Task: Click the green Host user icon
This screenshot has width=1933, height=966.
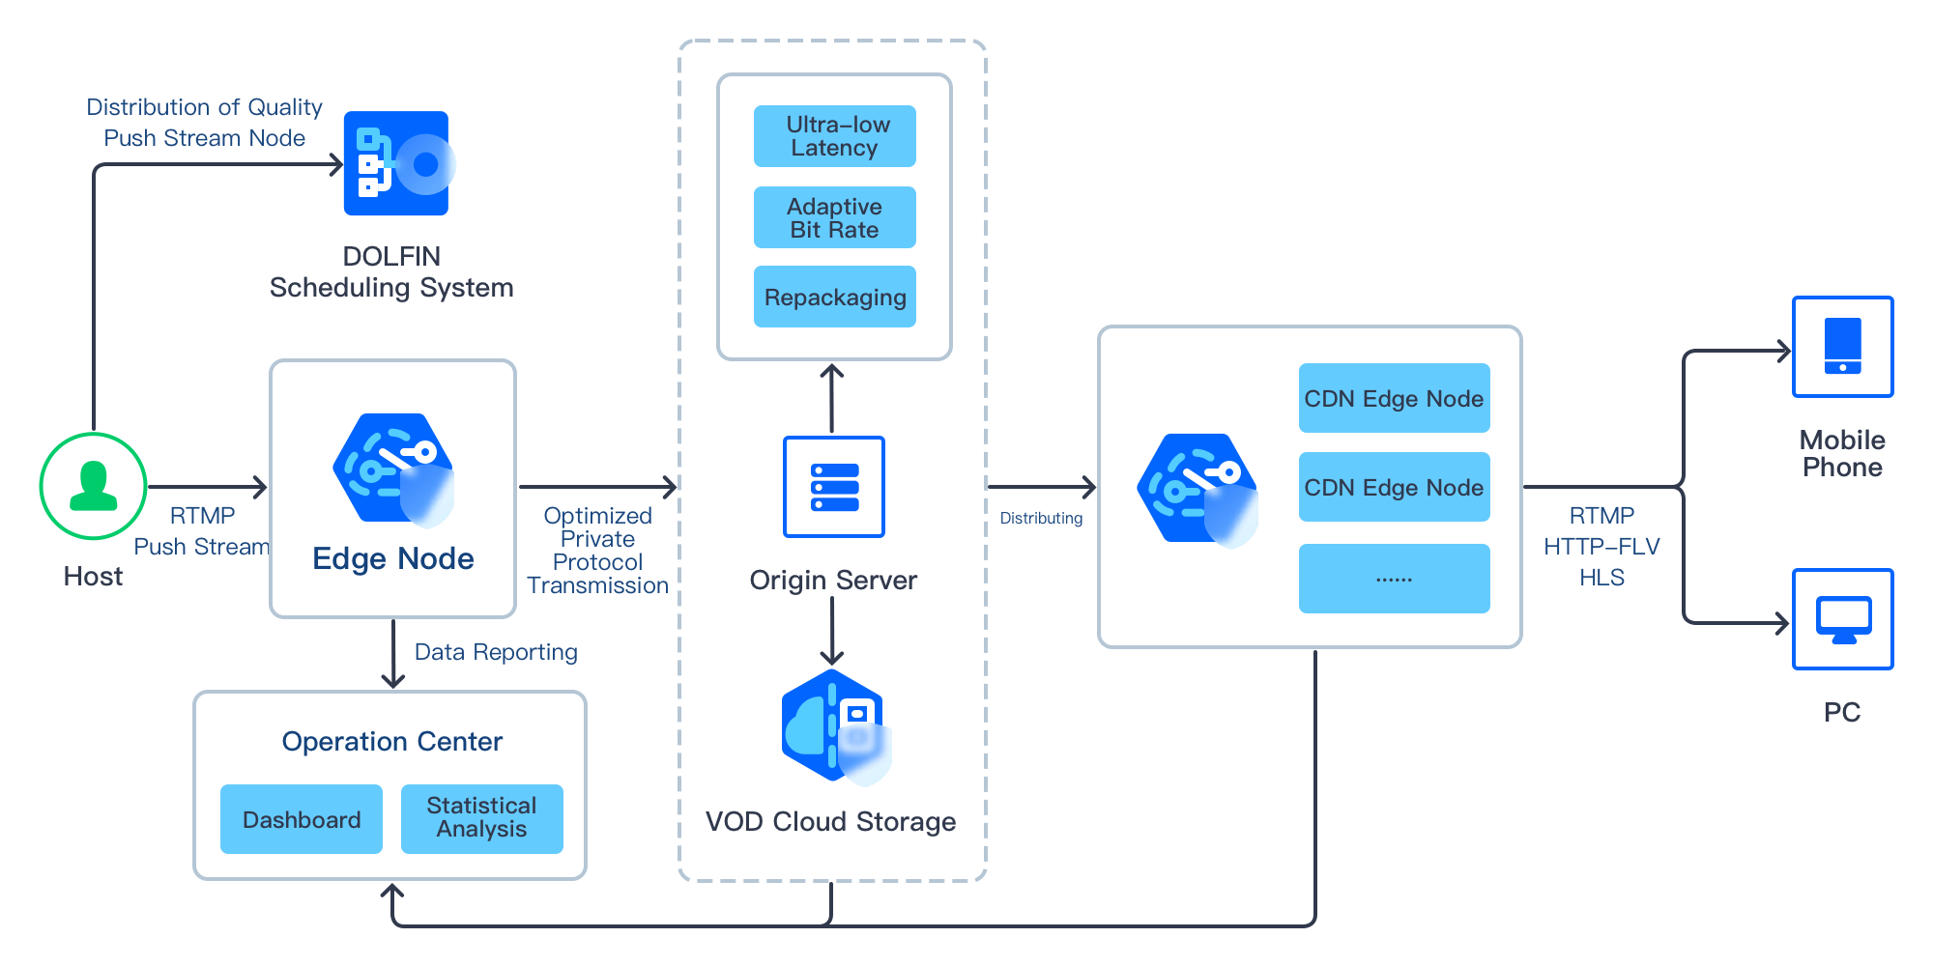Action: tap(93, 486)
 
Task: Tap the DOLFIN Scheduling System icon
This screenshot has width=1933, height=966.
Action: tap(397, 163)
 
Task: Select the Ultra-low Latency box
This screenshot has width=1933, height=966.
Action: tap(834, 136)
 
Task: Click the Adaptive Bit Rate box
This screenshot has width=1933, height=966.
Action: tap(834, 217)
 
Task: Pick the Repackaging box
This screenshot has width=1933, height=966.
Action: tap(834, 297)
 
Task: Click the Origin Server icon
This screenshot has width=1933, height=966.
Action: tap(833, 487)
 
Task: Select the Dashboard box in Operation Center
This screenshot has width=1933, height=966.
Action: tap(302, 819)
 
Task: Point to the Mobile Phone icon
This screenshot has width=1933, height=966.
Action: tap(1842, 347)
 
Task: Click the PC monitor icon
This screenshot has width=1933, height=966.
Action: tap(1842, 619)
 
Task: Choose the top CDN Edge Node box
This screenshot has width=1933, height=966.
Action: tap(1394, 398)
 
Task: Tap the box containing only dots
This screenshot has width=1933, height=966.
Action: tap(1394, 579)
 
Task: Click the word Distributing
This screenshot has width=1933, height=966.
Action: tap(1041, 519)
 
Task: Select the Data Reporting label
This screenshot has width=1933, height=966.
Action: tap(496, 653)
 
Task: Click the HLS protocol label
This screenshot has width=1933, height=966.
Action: tap(1601, 578)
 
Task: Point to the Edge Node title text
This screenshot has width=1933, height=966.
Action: tap(393, 559)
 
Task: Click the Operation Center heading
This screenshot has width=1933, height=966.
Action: tap(392, 742)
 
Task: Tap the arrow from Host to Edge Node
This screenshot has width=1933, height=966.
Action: tap(208, 487)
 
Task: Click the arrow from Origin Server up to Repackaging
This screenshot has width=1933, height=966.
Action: tap(832, 398)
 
